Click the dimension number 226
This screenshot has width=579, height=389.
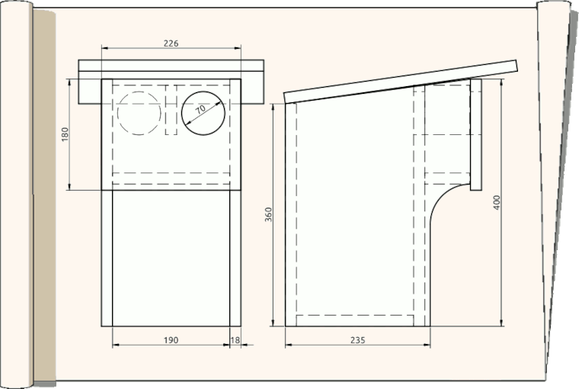tap(171, 44)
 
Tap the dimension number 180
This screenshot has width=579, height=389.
tap(65, 134)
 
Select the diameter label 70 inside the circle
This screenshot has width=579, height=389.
tap(200, 110)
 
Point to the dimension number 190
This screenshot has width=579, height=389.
tap(171, 340)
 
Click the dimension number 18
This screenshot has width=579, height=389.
tap(235, 340)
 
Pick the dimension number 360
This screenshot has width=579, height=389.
tap(268, 215)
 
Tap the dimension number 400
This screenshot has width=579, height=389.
tap(497, 203)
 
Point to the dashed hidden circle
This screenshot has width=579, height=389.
tap(139, 113)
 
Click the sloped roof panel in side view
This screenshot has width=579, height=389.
tap(400, 81)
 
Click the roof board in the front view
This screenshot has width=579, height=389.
tap(171, 66)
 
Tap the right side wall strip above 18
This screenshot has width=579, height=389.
tap(235, 259)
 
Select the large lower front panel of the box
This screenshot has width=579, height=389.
tap(171, 259)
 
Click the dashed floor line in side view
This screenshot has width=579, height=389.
tap(354, 315)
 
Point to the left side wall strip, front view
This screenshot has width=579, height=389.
tap(107, 259)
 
